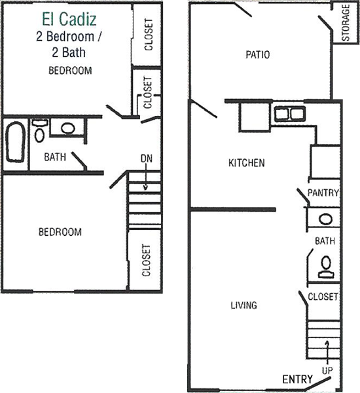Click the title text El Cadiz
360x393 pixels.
(69, 19)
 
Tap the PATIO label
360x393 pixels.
(257, 54)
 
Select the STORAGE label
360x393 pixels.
(346, 22)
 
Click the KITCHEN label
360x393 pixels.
(247, 163)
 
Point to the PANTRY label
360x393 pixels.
(323, 193)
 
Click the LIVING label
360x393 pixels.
(243, 305)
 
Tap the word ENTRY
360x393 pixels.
(298, 379)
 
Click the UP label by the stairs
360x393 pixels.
(327, 371)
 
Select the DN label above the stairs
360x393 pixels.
(147, 159)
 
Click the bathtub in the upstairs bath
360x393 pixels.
(16, 142)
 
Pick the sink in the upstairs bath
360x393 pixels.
(68, 128)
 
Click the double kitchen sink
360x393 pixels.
(290, 114)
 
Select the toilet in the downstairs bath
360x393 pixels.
(326, 267)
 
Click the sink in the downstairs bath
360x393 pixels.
(325, 219)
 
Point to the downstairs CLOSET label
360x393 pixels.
(323, 297)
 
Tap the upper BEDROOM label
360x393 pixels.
(70, 71)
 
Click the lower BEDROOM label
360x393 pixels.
(60, 232)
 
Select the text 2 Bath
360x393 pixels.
(69, 52)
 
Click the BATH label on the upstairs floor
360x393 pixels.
(55, 157)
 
